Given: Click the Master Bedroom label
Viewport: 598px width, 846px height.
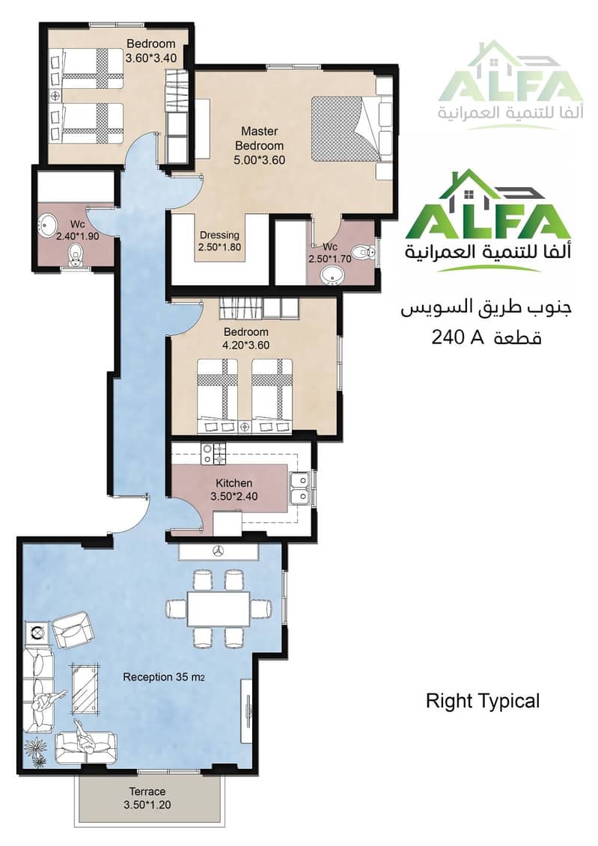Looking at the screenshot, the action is pos(260,138).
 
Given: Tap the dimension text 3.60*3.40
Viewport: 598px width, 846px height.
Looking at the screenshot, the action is pos(151,58).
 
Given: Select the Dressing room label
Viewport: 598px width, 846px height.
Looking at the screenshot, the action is pos(219,235).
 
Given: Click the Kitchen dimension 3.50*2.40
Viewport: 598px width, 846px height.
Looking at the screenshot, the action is pos(234,497).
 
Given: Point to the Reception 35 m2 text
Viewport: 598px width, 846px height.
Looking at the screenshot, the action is pos(164,677).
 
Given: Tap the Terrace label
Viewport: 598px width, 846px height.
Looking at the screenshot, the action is pos(147,791).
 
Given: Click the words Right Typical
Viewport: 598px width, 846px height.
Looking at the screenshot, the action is pos(483,702).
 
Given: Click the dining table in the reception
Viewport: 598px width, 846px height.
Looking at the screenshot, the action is pos(219,609).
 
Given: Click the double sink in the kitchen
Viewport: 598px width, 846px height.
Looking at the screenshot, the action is pos(299,488).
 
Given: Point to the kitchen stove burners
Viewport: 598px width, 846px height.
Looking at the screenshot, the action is pos(214,454).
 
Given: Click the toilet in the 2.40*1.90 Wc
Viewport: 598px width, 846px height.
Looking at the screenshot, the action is pos(75,254).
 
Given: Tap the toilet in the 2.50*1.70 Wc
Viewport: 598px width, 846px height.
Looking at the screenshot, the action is pos(364,251).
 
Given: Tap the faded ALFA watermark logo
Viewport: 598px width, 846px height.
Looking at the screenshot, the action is pos(510,86).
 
